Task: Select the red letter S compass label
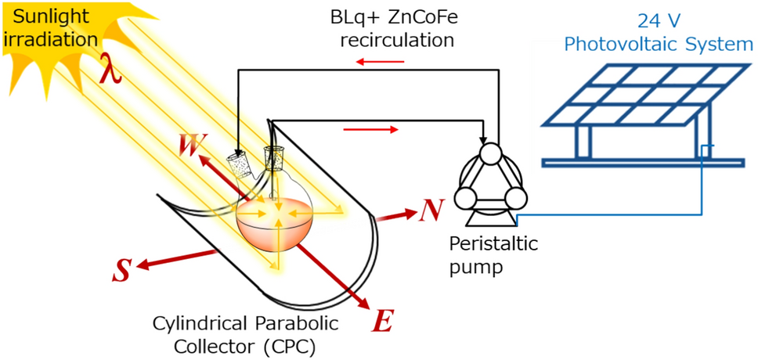click(121, 270)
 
